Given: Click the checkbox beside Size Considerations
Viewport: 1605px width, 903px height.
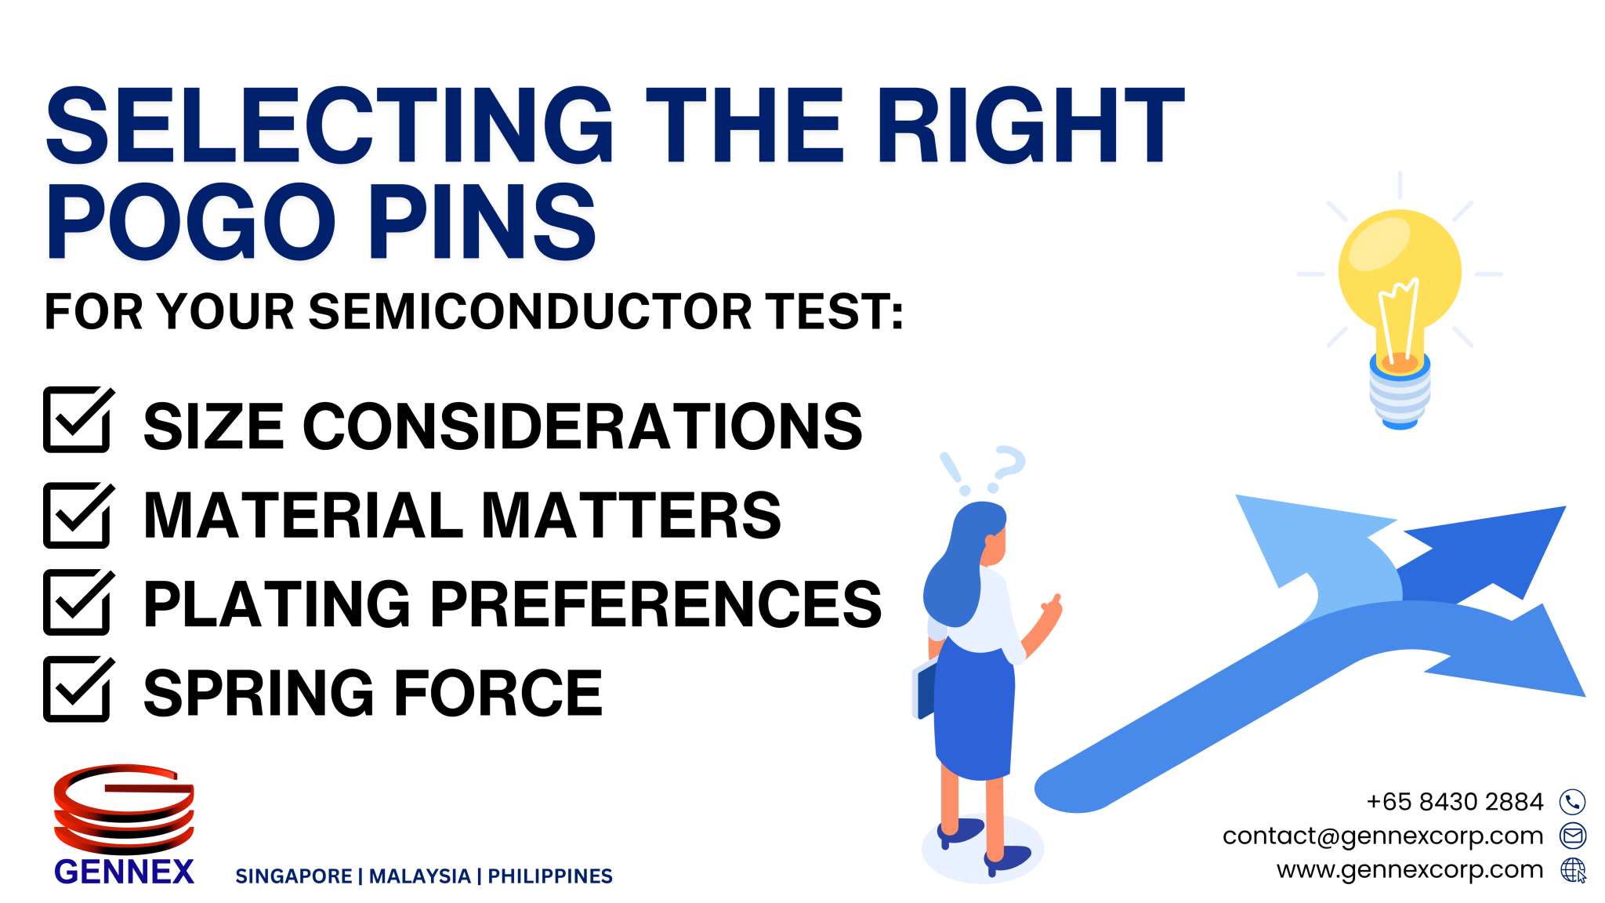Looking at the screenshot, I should pyautogui.click(x=77, y=420).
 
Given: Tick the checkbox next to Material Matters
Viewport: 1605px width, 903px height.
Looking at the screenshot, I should pyautogui.click(x=77, y=516).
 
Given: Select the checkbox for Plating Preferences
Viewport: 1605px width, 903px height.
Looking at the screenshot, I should pyautogui.click(x=77, y=603).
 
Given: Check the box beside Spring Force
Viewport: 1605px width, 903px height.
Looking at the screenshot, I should pyautogui.click(x=77, y=690).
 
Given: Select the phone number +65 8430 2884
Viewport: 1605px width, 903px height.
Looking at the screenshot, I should pyautogui.click(x=1455, y=802).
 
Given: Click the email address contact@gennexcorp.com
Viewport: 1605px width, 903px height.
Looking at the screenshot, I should pyautogui.click(x=1382, y=836).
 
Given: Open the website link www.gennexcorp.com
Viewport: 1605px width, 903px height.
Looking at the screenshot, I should pyautogui.click(x=1409, y=869).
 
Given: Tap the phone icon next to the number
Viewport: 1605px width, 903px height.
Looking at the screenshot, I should pyautogui.click(x=1572, y=802).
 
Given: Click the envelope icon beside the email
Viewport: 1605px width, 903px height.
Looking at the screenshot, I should pyautogui.click(x=1572, y=836).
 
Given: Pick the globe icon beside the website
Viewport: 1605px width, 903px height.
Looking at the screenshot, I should pyautogui.click(x=1572, y=869).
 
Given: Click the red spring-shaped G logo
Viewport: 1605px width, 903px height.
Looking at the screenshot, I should pyautogui.click(x=124, y=807).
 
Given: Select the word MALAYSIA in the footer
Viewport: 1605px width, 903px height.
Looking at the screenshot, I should pyautogui.click(x=419, y=876).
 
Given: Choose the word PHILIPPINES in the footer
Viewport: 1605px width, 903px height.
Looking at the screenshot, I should pyautogui.click(x=549, y=876).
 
